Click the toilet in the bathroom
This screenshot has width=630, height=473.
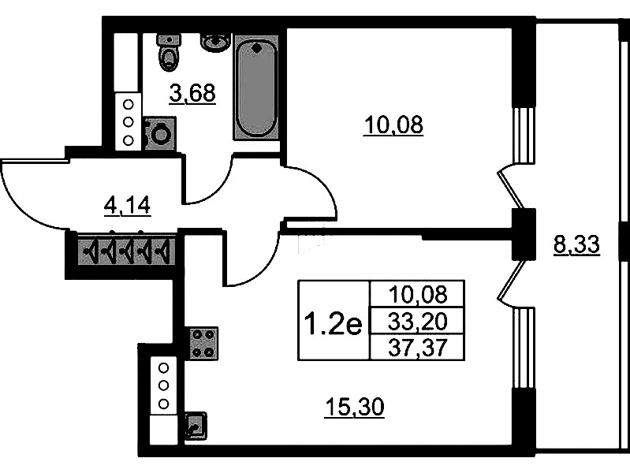(170, 52)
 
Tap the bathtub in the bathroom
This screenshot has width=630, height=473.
(256, 88)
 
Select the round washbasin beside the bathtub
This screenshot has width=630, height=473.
(216, 42)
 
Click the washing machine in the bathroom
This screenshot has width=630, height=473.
(160, 134)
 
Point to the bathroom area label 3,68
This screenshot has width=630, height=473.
(192, 94)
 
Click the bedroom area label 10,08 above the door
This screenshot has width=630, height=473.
(393, 125)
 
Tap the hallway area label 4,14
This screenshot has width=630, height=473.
(127, 206)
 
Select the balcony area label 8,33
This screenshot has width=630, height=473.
(576, 244)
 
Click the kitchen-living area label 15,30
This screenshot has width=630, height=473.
(354, 407)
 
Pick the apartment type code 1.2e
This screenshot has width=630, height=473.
(334, 324)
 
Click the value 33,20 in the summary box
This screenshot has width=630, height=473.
(417, 322)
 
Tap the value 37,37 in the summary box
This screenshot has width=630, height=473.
(417, 347)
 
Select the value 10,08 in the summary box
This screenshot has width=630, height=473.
(417, 295)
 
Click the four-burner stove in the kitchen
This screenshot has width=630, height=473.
(202, 344)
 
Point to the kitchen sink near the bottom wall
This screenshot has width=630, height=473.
(196, 426)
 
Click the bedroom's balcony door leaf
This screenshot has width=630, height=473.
(511, 189)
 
